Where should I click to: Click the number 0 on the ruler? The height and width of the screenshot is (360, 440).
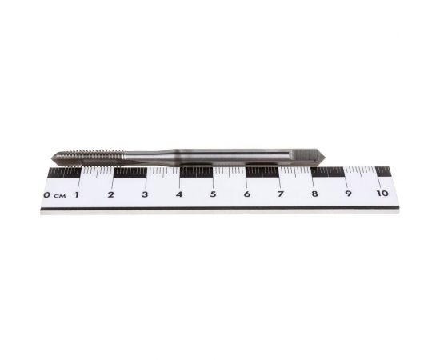point(47,194)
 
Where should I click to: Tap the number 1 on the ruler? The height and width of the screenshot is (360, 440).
point(78,194)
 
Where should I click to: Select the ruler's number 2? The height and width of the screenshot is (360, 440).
point(111,194)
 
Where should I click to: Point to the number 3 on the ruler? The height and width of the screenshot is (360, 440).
point(145,194)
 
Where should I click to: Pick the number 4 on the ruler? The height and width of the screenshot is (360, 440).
point(178,194)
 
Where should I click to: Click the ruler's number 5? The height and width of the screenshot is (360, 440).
point(213,194)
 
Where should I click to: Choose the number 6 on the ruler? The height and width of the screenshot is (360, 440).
point(246,194)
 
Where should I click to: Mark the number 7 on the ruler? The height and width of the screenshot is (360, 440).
point(281,194)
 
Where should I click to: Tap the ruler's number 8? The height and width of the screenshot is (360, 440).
point(314,194)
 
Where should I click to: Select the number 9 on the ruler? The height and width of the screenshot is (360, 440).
point(349,194)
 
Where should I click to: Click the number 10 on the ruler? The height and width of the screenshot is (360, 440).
point(382,194)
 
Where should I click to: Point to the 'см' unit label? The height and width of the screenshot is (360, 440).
point(59,195)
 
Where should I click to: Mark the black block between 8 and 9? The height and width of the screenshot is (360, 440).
point(328,171)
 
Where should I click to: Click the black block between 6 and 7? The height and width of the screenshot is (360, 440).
point(262,171)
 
